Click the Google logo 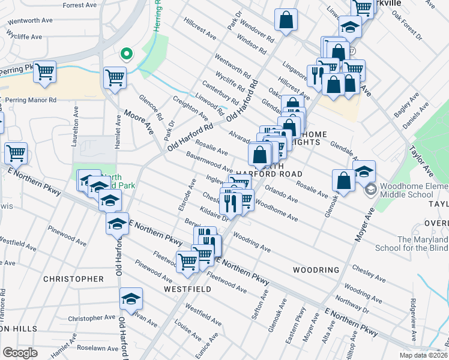pos(20,352)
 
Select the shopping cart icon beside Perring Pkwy pos(44,73)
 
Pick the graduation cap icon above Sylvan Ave pos(130,299)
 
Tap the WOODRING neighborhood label pos(316,270)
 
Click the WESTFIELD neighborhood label pos(187,289)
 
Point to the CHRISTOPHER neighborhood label pos(73,279)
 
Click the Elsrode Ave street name pos(191,193)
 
